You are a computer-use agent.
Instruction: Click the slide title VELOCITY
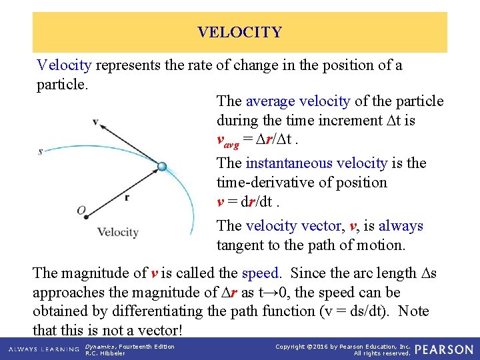pos(239,32)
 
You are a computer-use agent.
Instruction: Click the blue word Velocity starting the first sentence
pos(64,65)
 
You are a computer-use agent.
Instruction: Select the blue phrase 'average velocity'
pos(297,101)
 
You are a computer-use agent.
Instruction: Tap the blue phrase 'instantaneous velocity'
pos(316,163)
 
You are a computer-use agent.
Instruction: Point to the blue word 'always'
pos(401,226)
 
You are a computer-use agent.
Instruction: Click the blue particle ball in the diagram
pos(161,167)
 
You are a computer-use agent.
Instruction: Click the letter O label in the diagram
pos(81,211)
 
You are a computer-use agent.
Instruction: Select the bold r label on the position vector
pos(127,197)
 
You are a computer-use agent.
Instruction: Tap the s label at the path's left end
pos(41,151)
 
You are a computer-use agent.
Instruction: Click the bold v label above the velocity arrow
pos(95,121)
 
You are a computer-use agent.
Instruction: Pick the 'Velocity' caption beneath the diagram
pos(117,233)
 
